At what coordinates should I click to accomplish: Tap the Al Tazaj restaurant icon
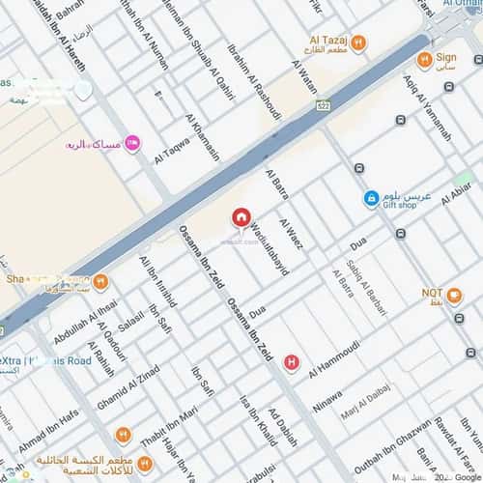pyautogui.click(x=358, y=42)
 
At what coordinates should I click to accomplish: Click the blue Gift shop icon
pyautogui.click(x=370, y=198)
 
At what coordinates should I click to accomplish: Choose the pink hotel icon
pyautogui.click(x=132, y=144)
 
